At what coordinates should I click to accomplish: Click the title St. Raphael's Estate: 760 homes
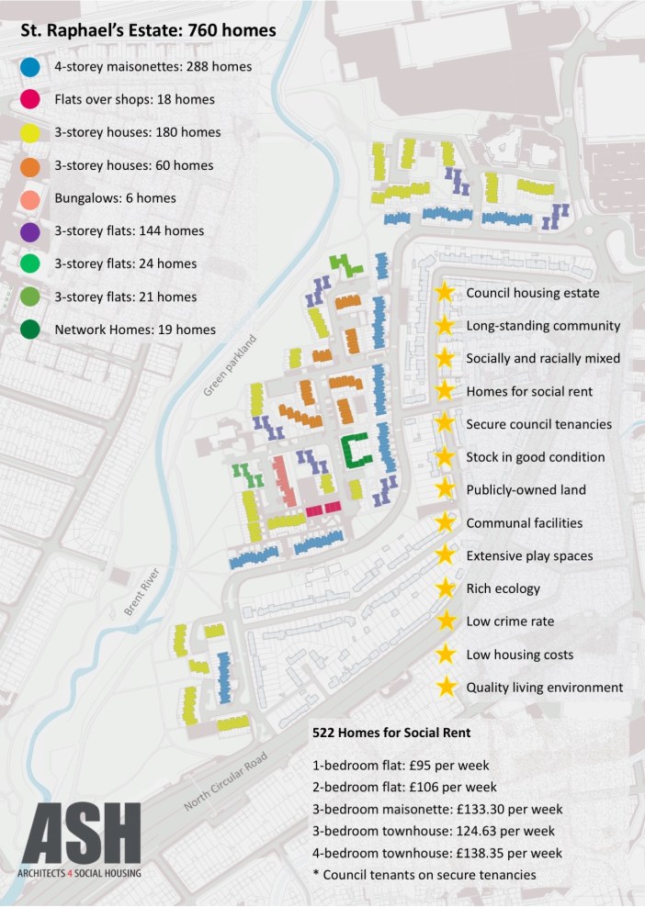(x=148, y=31)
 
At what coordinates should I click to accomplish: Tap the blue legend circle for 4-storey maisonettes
(x=29, y=67)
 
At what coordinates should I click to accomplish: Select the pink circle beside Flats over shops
(x=29, y=100)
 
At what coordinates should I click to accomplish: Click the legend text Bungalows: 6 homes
(x=115, y=198)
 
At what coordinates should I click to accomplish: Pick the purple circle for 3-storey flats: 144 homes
(x=29, y=231)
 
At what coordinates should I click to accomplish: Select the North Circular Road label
(x=224, y=780)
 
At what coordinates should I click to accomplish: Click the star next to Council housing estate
(x=445, y=293)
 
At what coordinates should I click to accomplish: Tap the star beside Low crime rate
(x=445, y=621)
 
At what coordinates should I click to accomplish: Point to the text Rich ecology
(x=503, y=588)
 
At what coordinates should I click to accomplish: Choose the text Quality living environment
(x=544, y=688)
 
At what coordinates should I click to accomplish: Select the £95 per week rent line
(x=401, y=765)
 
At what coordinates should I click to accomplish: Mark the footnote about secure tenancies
(x=424, y=875)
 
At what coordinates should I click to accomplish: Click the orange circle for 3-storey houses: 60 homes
(x=29, y=166)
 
